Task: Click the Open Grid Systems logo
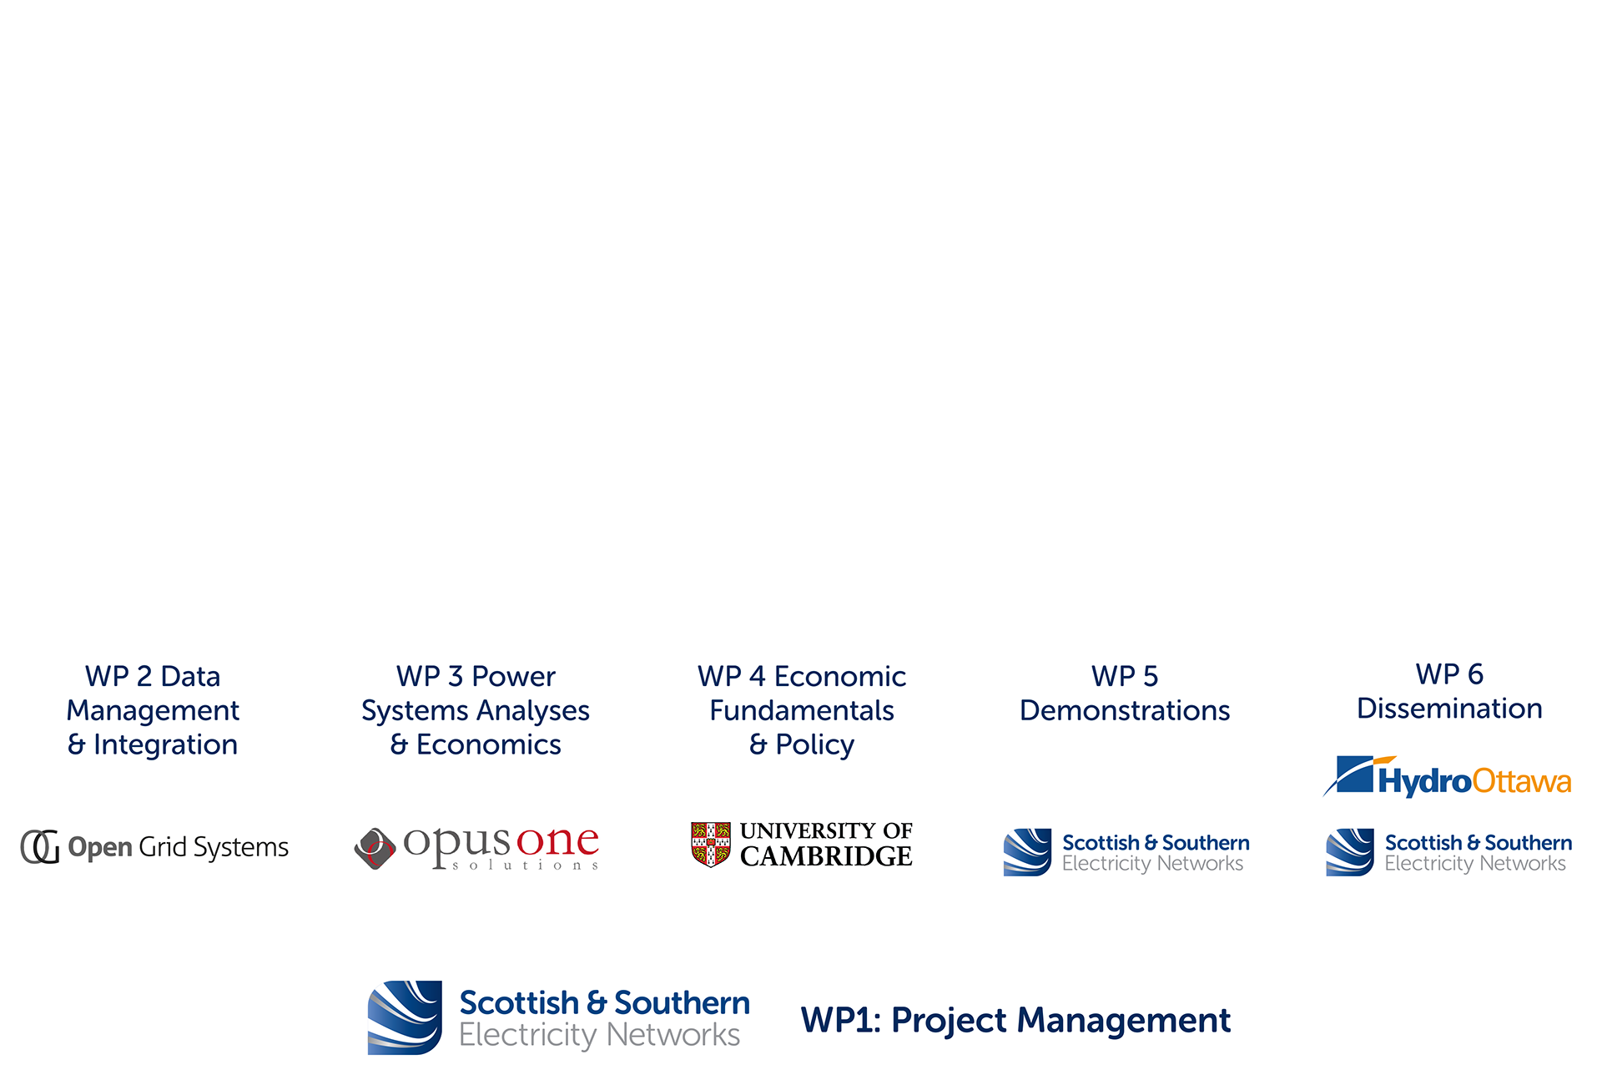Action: pos(154,847)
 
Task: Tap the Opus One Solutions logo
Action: pos(476,847)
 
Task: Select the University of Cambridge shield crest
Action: pos(711,844)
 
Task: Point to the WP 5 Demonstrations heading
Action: pos(1125,693)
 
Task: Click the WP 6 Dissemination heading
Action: pos(1449,691)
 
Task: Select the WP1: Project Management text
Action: pos(1015,1020)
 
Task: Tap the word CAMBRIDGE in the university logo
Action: pos(826,856)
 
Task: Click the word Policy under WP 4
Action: pos(814,744)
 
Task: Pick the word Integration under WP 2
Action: pos(165,744)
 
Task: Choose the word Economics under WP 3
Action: pos(488,744)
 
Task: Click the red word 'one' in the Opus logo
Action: pos(557,841)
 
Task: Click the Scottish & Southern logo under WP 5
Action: pos(1126,852)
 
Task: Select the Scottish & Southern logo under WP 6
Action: pos(1449,852)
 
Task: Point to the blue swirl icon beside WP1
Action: pos(405,1017)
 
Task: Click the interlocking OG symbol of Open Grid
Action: pos(40,847)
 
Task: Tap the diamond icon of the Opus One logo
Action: pos(375,848)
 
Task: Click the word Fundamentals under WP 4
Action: pos(801,710)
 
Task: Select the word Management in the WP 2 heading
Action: pos(153,710)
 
